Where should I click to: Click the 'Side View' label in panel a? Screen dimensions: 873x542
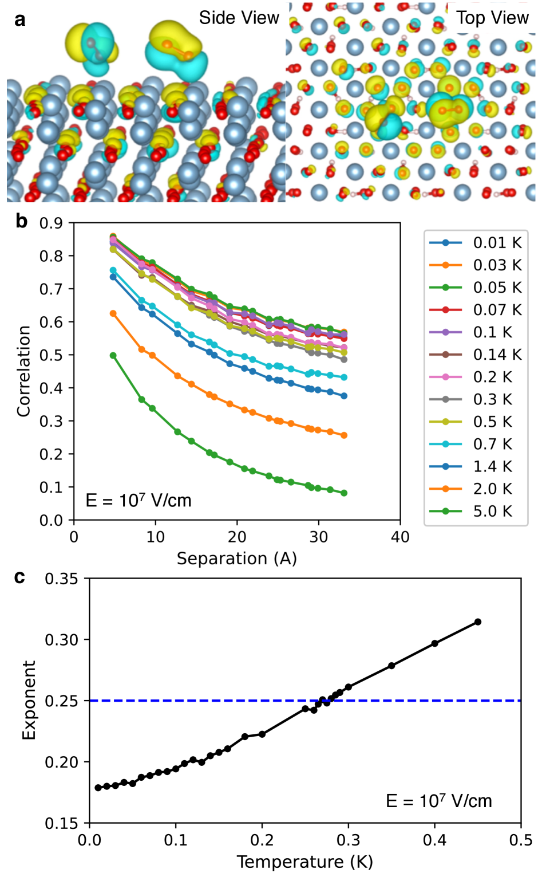tap(239, 18)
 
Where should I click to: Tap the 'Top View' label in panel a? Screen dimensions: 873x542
tap(492, 18)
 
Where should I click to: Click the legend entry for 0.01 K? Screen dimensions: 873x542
tap(497, 243)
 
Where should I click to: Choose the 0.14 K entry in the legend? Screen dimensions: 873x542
tap(497, 355)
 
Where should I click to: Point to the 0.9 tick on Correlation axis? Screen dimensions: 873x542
tap(51, 223)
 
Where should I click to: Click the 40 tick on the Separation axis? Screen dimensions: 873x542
tap(400, 537)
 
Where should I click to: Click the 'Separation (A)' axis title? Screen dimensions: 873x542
tap(236, 559)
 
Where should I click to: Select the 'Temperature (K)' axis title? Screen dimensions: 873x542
tap(304, 862)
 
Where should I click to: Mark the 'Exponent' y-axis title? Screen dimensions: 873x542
tap(29, 700)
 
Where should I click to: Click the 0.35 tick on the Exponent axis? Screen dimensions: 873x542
tap(61, 579)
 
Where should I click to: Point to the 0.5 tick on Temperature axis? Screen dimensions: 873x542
tap(521, 840)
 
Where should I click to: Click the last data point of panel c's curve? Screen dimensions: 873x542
tap(478, 622)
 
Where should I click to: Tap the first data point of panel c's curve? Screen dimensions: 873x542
tap(98, 788)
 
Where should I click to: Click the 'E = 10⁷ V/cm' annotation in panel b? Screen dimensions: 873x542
tap(139, 500)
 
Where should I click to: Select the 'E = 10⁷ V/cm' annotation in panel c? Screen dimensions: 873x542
tap(439, 801)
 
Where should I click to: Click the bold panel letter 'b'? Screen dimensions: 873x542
tap(21, 221)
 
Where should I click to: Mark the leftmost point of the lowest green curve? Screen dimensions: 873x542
tap(113, 356)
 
